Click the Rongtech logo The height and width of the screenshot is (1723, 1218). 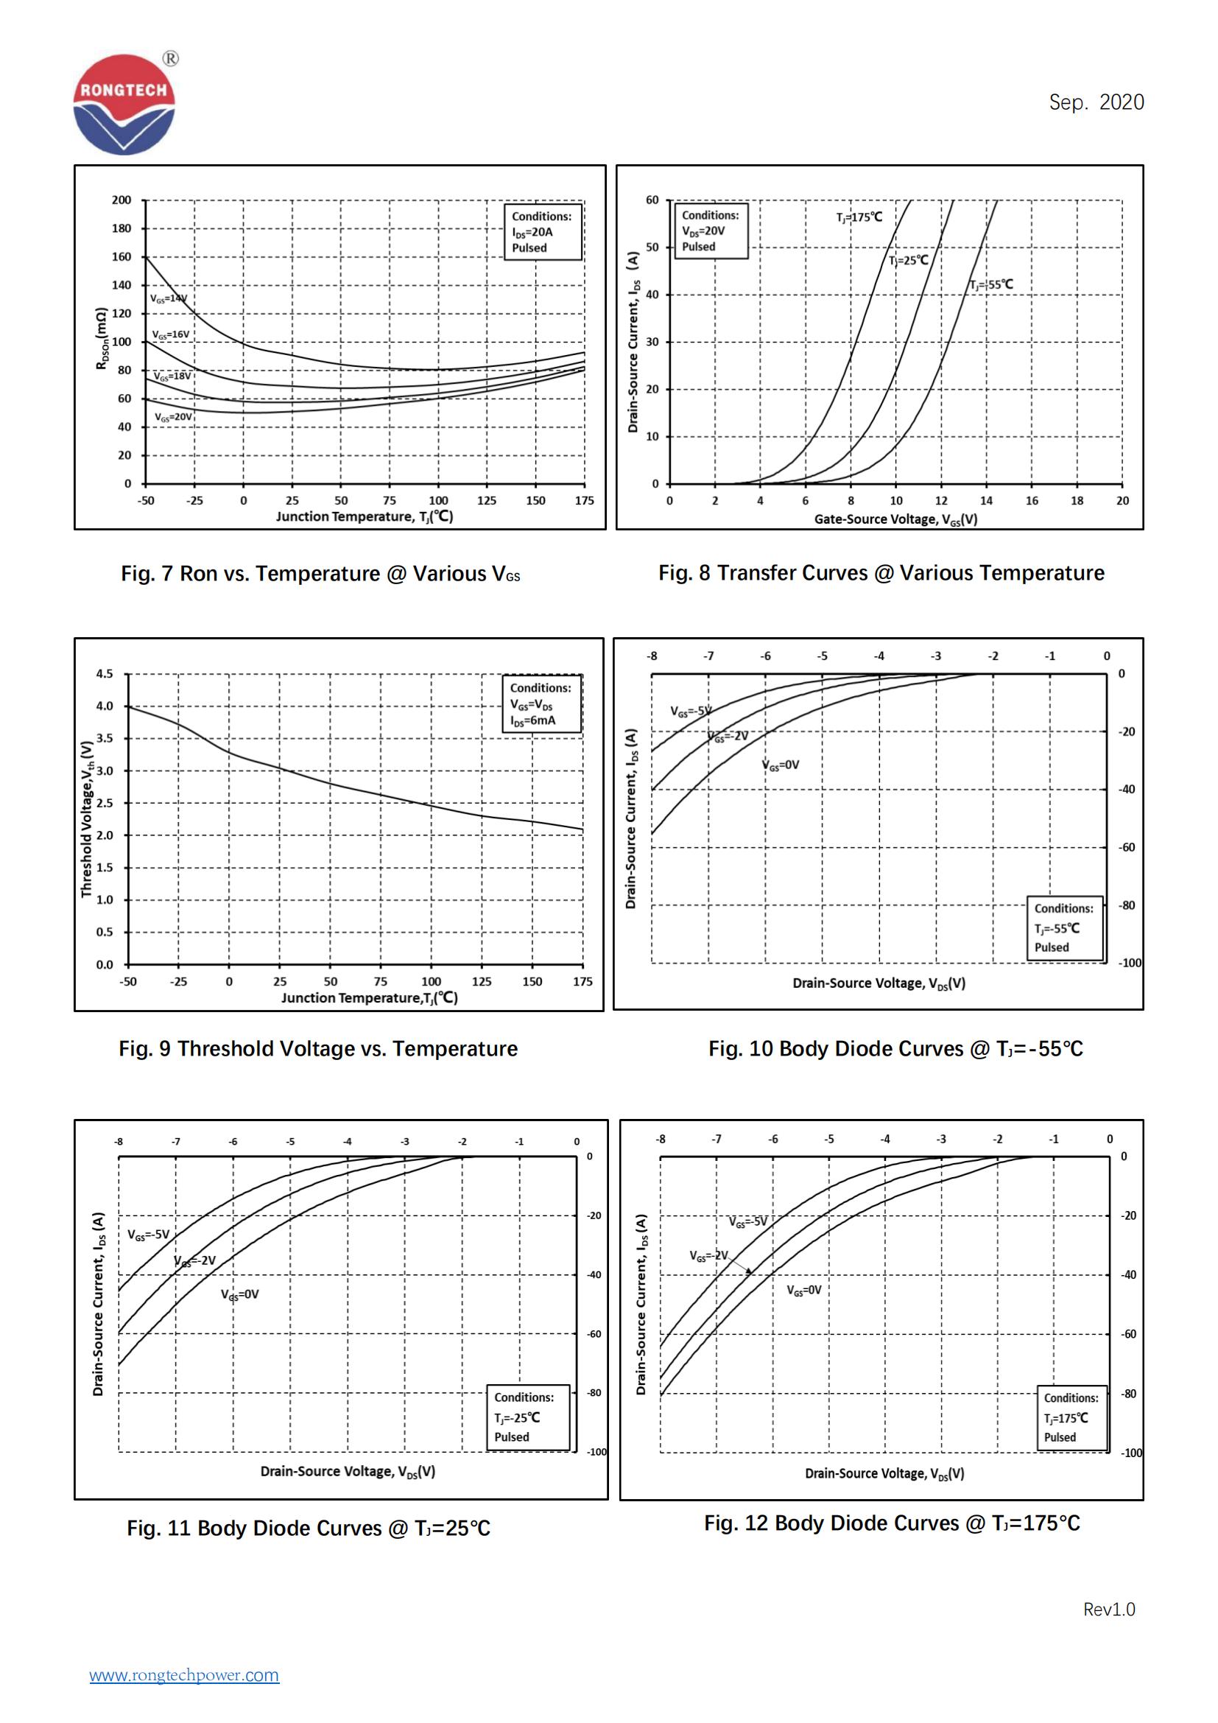click(124, 104)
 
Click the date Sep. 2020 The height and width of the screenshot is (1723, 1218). click(1096, 102)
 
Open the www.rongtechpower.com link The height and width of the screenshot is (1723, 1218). click(184, 1674)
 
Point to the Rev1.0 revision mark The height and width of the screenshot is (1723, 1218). click(1108, 1609)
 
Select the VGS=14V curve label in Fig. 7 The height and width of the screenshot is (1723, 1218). click(168, 298)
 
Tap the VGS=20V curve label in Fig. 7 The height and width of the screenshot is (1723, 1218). click(173, 416)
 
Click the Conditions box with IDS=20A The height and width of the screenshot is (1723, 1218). click(542, 232)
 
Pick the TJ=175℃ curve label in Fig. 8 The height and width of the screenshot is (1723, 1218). click(859, 217)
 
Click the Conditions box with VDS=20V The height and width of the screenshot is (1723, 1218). click(710, 231)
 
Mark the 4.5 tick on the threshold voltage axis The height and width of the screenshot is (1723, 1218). click(105, 674)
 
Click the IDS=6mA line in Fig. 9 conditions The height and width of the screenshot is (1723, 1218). click(533, 720)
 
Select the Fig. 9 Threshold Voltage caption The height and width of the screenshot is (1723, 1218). click(318, 1048)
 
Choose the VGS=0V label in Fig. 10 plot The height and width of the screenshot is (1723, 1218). click(781, 765)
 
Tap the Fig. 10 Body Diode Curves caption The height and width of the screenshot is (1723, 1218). click(895, 1048)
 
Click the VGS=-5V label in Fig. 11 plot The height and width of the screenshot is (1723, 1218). click(149, 1235)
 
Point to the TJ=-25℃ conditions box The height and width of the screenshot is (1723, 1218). click(528, 1417)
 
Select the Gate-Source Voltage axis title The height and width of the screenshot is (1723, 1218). click(895, 519)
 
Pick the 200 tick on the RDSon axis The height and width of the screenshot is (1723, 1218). click(121, 200)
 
